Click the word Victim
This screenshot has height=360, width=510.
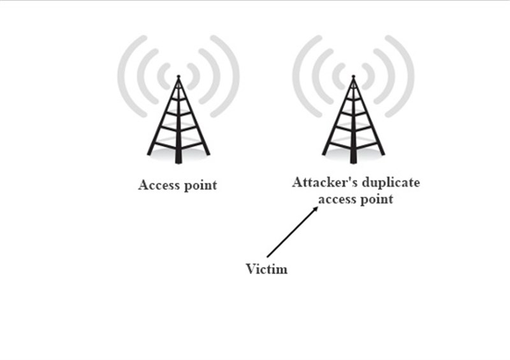pyautogui.click(x=266, y=269)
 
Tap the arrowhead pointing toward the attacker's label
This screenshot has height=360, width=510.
pyautogui.click(x=315, y=210)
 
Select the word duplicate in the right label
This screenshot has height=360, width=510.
pyautogui.click(x=391, y=183)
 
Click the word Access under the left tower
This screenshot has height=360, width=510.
pyautogui.click(x=159, y=185)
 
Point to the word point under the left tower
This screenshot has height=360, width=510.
pyautogui.click(x=201, y=185)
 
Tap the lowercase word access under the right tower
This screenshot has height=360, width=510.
pyautogui.click(x=337, y=199)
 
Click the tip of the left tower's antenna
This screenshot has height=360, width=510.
pyautogui.click(x=178, y=76)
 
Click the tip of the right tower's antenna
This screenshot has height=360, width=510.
pyautogui.click(x=353, y=76)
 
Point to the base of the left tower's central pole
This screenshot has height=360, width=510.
pyautogui.click(x=178, y=162)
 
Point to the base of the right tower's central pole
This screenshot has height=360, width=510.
pyautogui.click(x=353, y=162)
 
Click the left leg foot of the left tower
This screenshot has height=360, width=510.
pyautogui.click(x=149, y=154)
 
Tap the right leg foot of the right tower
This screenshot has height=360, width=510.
pyautogui.click(x=382, y=154)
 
